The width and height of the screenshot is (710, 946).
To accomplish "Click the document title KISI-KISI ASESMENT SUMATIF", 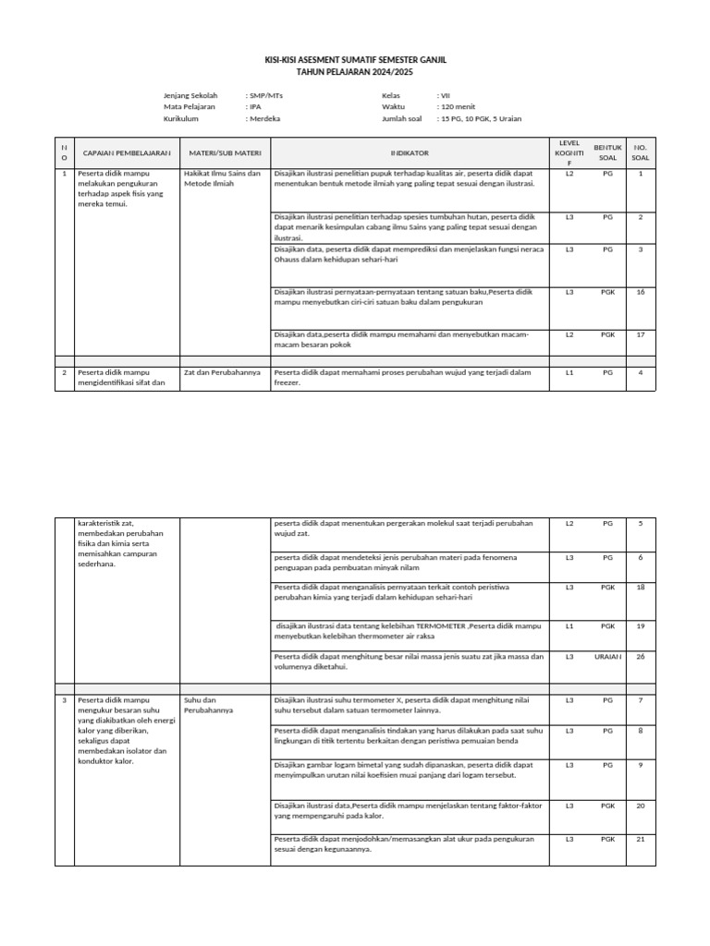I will (355, 59).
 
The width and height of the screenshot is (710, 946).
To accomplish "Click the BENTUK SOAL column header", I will (606, 152).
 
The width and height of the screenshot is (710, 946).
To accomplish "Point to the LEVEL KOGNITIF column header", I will (569, 152).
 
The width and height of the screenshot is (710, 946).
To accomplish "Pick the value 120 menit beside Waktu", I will (459, 107).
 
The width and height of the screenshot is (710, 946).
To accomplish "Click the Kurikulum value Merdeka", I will (264, 119).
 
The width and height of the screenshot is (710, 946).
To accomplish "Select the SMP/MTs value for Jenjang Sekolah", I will (265, 95).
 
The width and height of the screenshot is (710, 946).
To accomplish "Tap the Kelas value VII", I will (444, 95).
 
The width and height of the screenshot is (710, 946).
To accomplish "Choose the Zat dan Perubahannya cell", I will (222, 372).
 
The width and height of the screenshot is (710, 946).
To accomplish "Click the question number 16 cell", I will (640, 292).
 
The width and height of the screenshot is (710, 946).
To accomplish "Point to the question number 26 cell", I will (640, 656).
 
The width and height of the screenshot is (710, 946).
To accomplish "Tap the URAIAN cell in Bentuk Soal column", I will (607, 656).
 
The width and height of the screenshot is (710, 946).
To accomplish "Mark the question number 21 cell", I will (640, 839).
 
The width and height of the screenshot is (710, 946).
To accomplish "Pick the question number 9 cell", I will (640, 765).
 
